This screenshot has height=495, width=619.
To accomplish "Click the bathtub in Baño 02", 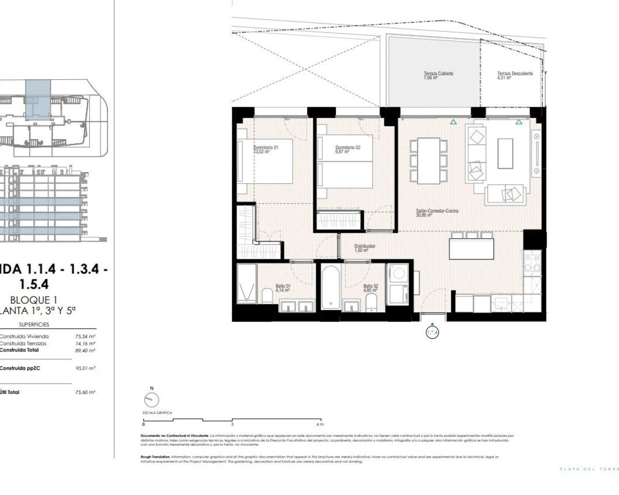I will [331, 289].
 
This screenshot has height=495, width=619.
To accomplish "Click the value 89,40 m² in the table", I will [85, 350].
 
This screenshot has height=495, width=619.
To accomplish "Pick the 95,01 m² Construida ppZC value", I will [85, 368].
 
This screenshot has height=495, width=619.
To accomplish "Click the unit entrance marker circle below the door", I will [432, 333].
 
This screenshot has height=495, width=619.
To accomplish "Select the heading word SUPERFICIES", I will [34, 324].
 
